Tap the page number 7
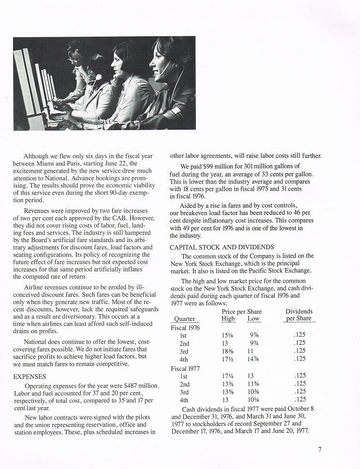[320, 449]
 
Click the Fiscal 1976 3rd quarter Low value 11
[250, 351]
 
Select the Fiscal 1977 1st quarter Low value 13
[250, 376]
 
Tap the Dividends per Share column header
[299, 315]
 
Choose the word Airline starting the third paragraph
[36, 287]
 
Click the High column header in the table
[228, 319]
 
